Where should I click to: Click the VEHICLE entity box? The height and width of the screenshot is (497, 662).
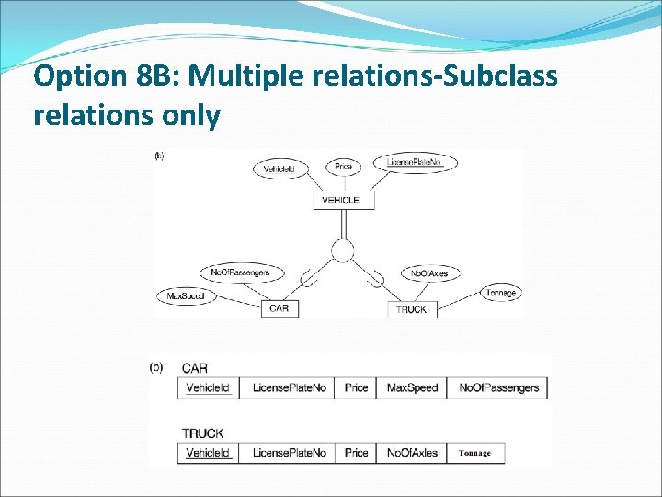point(344,200)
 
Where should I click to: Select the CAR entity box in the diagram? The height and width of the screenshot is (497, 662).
point(280,308)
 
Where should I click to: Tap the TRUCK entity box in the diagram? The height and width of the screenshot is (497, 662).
point(411,310)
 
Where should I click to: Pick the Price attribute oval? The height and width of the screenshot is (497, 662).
point(344,167)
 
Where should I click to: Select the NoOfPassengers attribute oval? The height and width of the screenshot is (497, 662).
point(241,273)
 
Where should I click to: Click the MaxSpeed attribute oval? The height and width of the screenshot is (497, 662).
point(186,296)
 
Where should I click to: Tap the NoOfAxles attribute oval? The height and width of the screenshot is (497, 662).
point(430,273)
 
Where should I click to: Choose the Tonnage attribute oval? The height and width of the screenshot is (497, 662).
point(501,293)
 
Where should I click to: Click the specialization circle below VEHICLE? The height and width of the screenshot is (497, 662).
point(343,250)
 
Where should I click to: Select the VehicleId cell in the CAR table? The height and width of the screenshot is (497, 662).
point(208,387)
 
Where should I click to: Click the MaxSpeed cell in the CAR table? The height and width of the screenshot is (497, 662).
point(413,387)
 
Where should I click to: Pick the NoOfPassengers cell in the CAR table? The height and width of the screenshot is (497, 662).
point(498,387)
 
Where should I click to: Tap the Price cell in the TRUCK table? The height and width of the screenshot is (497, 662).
point(357,453)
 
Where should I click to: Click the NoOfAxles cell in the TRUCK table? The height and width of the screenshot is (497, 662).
point(413,453)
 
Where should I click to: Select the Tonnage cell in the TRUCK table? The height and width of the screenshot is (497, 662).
point(475,453)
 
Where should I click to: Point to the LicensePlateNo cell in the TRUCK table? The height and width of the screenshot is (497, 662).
point(289,453)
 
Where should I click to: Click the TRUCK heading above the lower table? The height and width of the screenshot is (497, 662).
point(202,433)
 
